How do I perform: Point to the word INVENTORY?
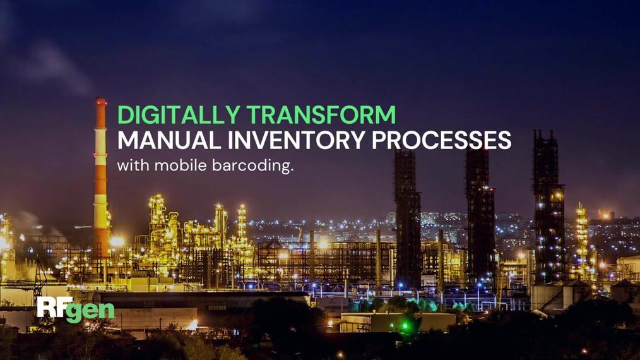pyautogui.click(x=296, y=140)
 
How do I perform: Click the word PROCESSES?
pyautogui.click(x=441, y=140)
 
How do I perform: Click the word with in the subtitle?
pyautogui.click(x=133, y=165)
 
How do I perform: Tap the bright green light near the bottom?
pyautogui.click(x=405, y=326)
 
